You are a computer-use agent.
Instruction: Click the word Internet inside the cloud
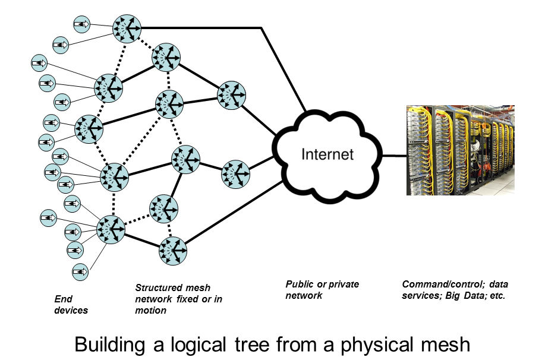[327, 155]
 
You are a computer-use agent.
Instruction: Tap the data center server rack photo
[460, 150]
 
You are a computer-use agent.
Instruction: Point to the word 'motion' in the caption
[151, 310]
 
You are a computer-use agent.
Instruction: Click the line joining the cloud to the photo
[393, 156]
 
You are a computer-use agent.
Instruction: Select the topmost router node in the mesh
[127, 27]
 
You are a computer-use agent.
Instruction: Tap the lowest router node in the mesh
[173, 250]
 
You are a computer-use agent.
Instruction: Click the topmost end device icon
[81, 24]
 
